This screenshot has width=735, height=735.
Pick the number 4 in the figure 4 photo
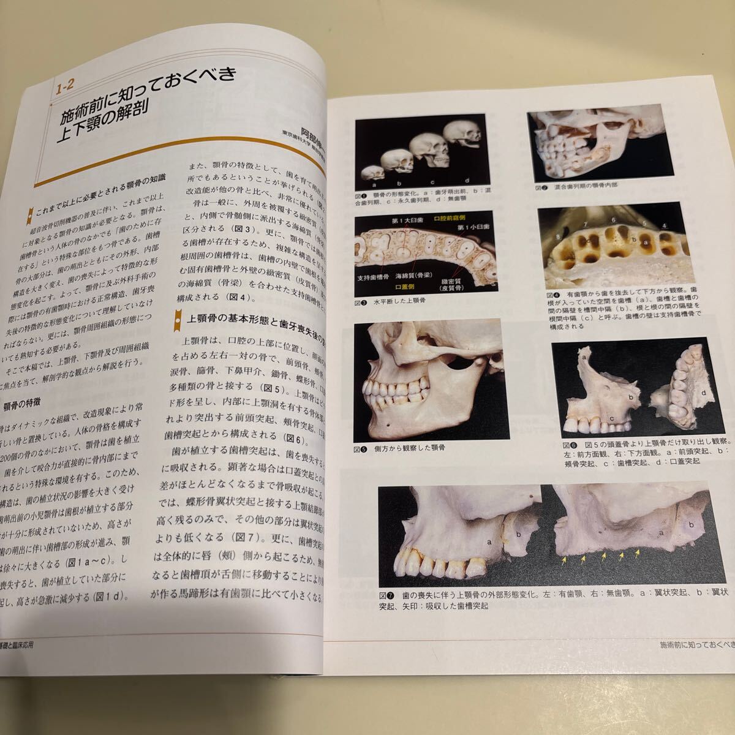(x=664, y=225)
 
